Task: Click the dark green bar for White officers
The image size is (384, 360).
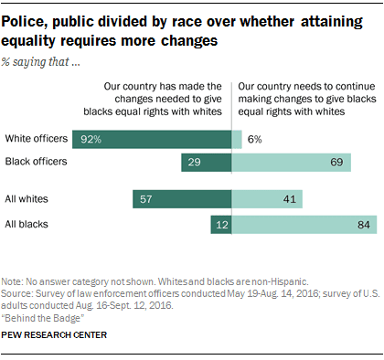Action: (x=152, y=139)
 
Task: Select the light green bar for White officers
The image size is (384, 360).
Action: (x=237, y=139)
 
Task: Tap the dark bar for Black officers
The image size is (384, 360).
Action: (x=207, y=163)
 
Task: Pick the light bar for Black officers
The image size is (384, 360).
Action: (x=292, y=163)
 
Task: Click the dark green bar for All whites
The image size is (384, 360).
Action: (x=182, y=199)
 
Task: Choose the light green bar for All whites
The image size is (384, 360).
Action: (x=267, y=199)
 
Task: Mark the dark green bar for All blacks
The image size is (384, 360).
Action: (x=221, y=225)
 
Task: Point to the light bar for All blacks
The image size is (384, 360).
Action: (x=304, y=225)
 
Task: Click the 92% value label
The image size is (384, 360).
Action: (x=91, y=139)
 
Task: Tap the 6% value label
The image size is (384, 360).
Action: (x=255, y=139)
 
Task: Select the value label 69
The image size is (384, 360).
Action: (x=336, y=162)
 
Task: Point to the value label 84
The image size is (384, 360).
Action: (x=364, y=225)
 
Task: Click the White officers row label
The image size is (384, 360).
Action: (x=37, y=139)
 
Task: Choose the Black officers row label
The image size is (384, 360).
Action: (x=36, y=162)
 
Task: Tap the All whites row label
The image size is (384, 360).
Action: (x=27, y=199)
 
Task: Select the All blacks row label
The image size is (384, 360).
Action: (x=27, y=225)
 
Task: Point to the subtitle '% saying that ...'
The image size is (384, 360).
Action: (x=41, y=62)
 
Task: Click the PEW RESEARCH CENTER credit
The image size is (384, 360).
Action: (x=54, y=335)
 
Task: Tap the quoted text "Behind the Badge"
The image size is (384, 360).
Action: (x=43, y=318)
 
